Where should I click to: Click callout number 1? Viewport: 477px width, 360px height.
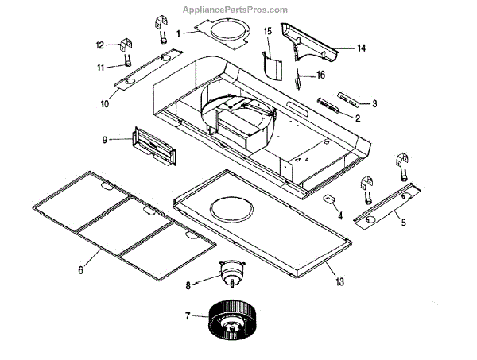(x=179, y=33)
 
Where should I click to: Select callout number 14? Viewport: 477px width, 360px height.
(x=361, y=48)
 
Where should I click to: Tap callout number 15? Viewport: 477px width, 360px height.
(x=268, y=31)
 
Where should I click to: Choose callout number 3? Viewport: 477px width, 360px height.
(x=374, y=103)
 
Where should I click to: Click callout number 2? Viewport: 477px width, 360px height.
(x=358, y=118)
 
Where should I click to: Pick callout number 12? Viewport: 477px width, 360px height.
(x=100, y=45)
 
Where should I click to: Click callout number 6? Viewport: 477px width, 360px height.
(x=80, y=271)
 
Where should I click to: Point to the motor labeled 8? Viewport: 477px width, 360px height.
(x=231, y=274)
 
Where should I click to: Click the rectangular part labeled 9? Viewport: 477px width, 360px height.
(x=155, y=148)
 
